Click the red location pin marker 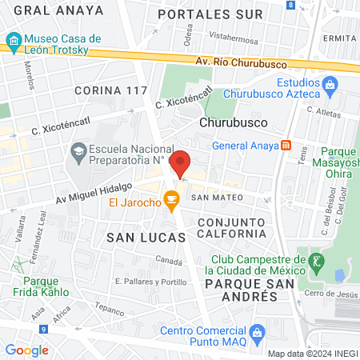[181, 162]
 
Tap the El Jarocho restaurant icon [170, 198]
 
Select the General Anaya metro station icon [286, 146]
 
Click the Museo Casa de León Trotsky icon [13, 40]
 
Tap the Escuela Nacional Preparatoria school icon [78, 150]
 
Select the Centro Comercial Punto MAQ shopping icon [256, 332]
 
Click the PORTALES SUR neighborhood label [210, 14]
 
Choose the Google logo [26, 350]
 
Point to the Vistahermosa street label [234, 37]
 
